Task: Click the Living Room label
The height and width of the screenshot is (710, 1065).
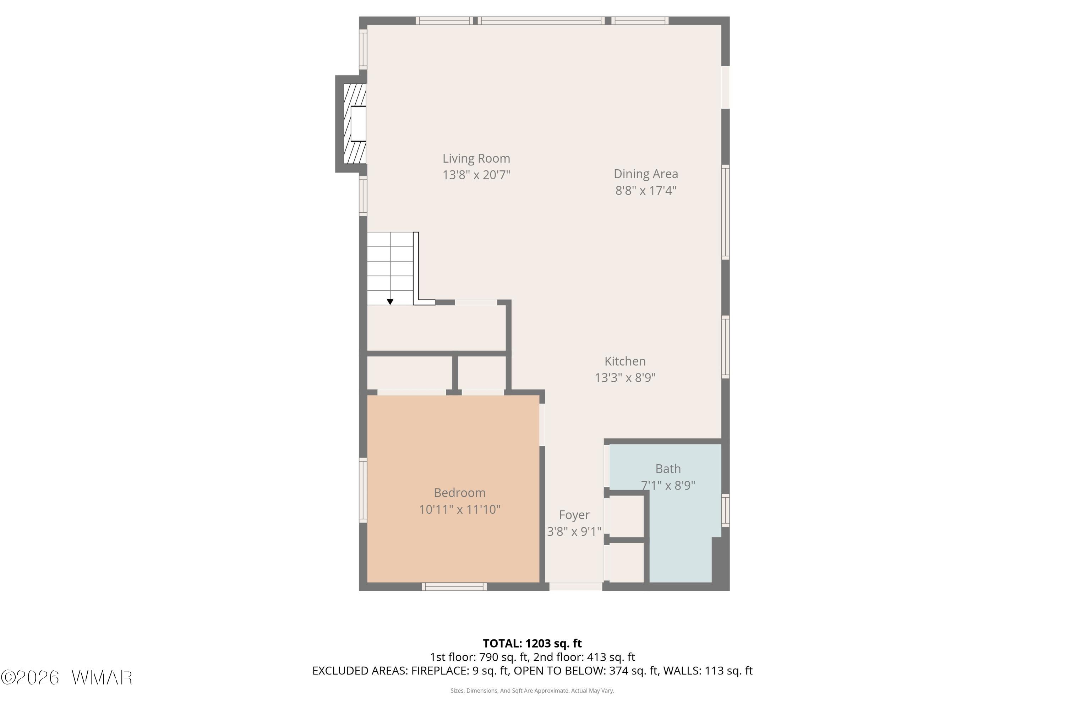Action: click(x=476, y=158)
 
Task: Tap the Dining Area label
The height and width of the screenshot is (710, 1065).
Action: click(x=646, y=174)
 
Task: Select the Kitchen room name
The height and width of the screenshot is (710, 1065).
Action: click(x=625, y=361)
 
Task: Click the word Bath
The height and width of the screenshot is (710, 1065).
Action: click(x=668, y=469)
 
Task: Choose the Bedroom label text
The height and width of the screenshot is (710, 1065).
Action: click(x=460, y=493)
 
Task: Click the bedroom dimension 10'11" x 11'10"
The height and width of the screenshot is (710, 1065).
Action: click(x=460, y=509)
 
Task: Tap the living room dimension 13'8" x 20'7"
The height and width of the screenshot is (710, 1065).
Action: click(x=476, y=175)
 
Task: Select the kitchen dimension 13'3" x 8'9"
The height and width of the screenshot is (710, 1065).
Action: click(x=625, y=378)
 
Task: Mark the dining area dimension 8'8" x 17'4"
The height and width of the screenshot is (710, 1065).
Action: click(x=646, y=190)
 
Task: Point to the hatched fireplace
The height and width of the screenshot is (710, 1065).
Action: click(x=355, y=124)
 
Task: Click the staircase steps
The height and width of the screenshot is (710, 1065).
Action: click(x=390, y=268)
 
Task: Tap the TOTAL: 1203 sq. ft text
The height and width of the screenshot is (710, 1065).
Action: click(x=532, y=643)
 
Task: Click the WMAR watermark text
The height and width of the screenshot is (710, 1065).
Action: click(x=102, y=678)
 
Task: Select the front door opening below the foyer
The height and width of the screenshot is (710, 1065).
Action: click(x=575, y=587)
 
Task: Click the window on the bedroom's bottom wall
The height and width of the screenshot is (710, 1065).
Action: click(x=454, y=587)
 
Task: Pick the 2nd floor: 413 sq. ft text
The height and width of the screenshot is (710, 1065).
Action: click(x=584, y=657)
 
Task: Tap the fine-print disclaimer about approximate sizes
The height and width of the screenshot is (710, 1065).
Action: click(x=532, y=691)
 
